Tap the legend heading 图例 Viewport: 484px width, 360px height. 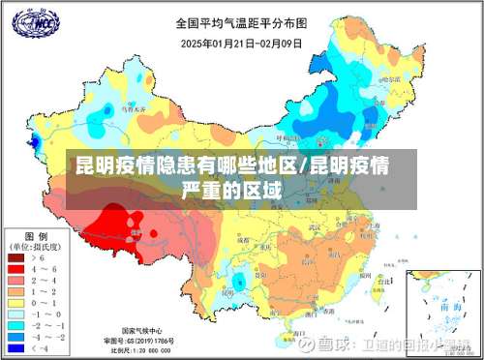tap(37, 237)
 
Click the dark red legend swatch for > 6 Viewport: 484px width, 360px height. tap(16, 259)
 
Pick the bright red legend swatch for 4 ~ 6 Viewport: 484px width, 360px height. tap(16, 270)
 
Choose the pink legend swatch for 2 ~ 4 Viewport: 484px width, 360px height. tap(16, 281)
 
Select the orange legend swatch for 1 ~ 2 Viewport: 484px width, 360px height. tap(16, 291)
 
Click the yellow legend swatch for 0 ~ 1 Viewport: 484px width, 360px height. tap(16, 302)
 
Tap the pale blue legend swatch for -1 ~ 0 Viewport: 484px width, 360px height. tap(16, 313)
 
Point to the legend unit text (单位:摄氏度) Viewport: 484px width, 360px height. tap(37, 248)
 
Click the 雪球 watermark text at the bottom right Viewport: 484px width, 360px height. tap(335, 345)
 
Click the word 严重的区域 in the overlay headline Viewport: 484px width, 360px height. tap(231, 189)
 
